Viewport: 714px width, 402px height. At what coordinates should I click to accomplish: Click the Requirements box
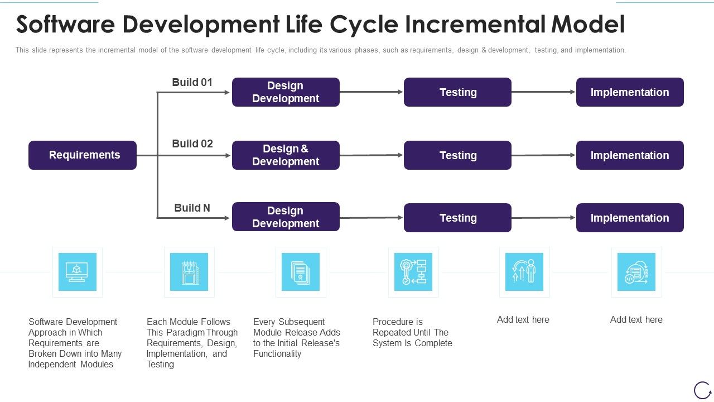83,155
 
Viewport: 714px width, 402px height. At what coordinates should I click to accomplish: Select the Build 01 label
192,83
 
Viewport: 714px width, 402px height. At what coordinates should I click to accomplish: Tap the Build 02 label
192,144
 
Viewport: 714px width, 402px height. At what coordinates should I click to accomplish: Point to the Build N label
192,208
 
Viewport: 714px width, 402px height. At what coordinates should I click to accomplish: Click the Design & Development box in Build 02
286,155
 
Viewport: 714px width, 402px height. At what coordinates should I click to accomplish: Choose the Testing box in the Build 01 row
457,92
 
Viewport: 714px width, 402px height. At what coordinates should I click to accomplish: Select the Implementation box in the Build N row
629,218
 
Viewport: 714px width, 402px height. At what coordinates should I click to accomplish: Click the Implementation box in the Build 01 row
629,92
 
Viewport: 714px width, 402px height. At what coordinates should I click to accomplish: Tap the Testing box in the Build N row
457,218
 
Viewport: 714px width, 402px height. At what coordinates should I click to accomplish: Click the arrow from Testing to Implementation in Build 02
543,155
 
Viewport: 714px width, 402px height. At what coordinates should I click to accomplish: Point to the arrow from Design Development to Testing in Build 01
372,92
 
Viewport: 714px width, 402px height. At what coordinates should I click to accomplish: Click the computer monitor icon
77,272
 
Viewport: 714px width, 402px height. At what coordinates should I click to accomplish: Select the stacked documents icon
301,272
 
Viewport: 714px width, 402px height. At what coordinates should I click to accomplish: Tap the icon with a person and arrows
524,272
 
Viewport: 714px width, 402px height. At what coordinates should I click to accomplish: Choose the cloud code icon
636,272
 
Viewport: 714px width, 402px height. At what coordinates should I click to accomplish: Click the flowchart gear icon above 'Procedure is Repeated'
413,272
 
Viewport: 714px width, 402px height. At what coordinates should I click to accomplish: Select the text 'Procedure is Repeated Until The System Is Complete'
412,332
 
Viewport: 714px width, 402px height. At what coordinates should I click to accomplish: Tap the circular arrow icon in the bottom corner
702,390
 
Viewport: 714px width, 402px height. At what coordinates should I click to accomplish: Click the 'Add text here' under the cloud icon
636,320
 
